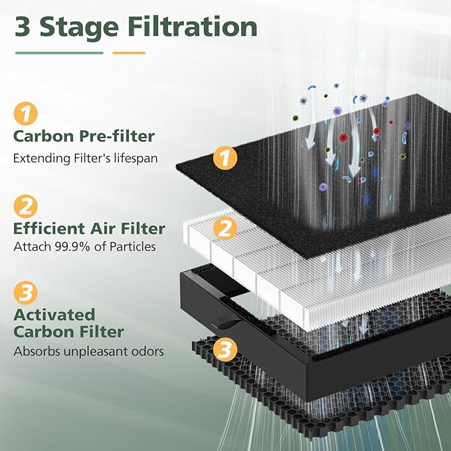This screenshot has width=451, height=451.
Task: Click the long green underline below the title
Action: pos(59,52)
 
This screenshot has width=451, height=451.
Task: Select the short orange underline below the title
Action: pos(129,52)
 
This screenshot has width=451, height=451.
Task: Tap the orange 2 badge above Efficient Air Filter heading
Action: pos(25,206)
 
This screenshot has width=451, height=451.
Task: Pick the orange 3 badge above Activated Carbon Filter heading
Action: pos(25,292)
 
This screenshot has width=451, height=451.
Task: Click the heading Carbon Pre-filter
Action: pos(84,137)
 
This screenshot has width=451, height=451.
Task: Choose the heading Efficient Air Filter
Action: pos(90,228)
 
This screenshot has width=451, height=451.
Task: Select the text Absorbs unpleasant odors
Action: pos(88,351)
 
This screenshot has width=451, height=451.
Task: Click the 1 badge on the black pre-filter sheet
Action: pos(224,158)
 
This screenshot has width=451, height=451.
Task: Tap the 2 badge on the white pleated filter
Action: pos(225,229)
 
